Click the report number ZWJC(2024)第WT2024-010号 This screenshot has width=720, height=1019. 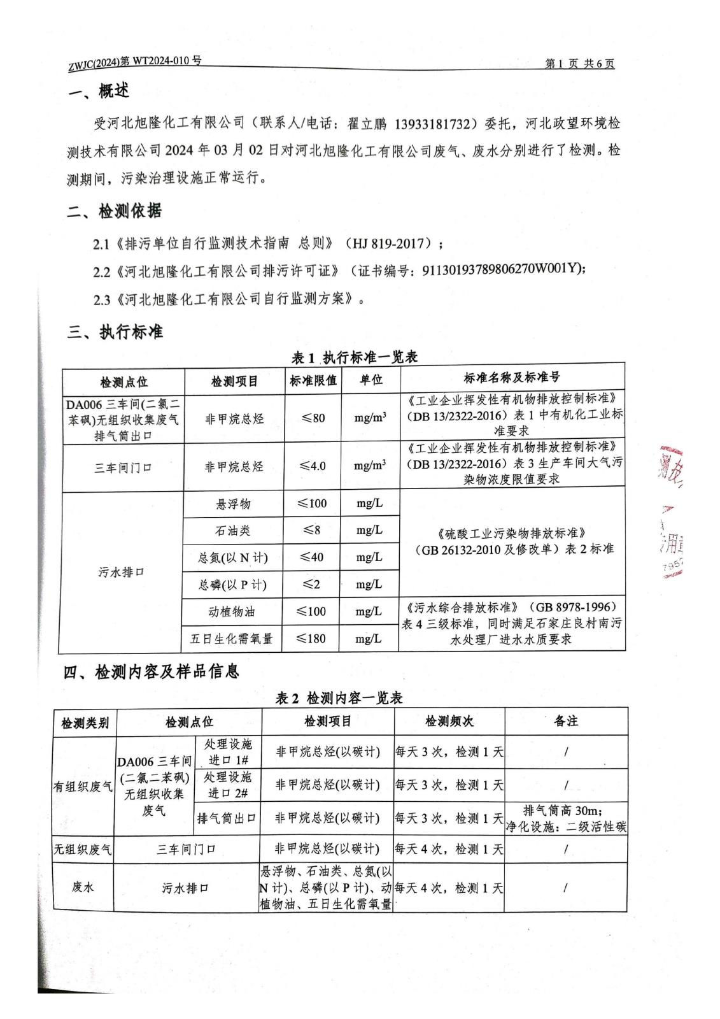[x=134, y=62]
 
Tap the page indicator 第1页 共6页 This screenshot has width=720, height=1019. [x=580, y=64]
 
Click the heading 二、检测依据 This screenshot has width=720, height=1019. [x=115, y=211]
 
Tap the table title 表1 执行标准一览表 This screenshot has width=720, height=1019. [x=354, y=357]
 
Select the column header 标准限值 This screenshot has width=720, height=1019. [x=313, y=380]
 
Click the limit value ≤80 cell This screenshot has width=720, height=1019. [x=313, y=418]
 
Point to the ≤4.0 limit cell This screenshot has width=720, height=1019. [x=313, y=466]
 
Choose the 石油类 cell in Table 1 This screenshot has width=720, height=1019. [x=233, y=531]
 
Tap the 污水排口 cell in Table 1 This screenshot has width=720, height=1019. [x=121, y=572]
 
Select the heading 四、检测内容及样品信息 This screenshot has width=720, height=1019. [x=152, y=671]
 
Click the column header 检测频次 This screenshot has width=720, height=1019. [x=449, y=721]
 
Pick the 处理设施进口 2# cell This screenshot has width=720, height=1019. [x=229, y=785]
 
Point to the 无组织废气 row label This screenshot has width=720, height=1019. [x=83, y=849]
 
